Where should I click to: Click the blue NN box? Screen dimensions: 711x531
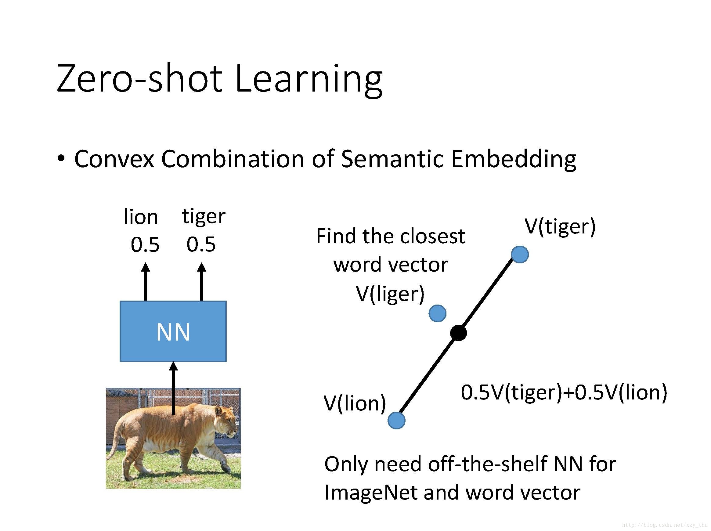point(173,331)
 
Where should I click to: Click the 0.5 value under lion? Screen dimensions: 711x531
point(145,244)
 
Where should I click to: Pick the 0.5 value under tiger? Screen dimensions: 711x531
point(201,244)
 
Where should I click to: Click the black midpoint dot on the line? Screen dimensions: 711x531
point(458,333)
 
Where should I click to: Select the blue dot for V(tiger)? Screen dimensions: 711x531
point(520,255)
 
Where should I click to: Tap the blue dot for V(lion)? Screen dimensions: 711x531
point(396,421)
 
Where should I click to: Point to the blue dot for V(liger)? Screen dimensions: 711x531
point(438,313)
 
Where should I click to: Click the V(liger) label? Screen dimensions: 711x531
point(390,294)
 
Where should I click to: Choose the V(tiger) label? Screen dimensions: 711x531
point(560,227)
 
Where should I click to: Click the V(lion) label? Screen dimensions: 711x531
point(355,403)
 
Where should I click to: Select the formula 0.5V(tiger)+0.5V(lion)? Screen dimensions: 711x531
point(564,393)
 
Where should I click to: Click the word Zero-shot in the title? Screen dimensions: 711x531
point(139,79)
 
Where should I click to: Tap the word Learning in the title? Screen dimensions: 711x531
point(309,80)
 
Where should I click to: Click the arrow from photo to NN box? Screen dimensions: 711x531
point(173,388)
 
